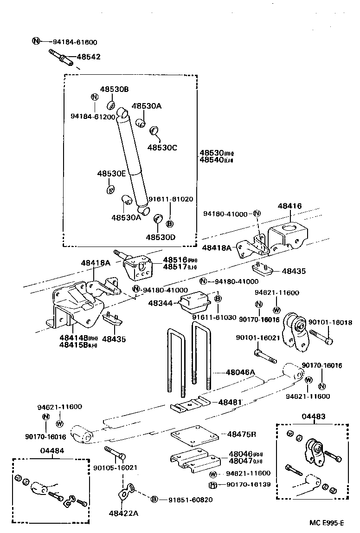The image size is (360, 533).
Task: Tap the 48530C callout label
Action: (162, 147)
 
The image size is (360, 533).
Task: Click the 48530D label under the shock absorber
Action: (161, 237)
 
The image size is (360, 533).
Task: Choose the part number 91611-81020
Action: (170, 199)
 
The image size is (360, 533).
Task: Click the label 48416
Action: (290, 206)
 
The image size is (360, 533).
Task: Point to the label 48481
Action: (230, 402)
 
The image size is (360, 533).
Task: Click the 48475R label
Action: (242, 434)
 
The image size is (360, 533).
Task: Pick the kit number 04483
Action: (313, 417)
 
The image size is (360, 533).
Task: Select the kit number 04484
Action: (52, 450)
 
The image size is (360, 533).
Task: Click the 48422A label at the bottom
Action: (124, 513)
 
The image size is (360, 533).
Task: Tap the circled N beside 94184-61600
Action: (37, 41)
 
